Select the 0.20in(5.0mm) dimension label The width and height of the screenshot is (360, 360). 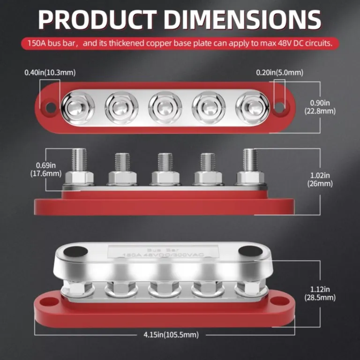279,73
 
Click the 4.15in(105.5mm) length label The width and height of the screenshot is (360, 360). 172,334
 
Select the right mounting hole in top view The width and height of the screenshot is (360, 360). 279,107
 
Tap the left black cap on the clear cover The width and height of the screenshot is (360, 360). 75,252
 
